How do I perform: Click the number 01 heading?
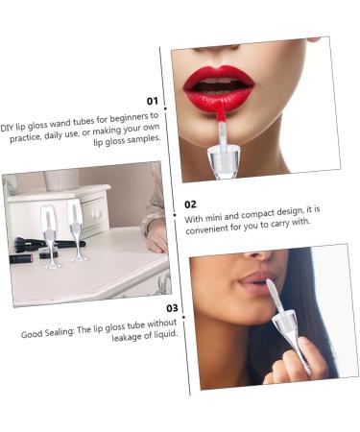[152, 100]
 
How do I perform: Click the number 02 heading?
[190, 204]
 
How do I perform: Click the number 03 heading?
[172, 308]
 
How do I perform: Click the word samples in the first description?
[143, 138]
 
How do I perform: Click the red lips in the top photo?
[220, 88]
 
